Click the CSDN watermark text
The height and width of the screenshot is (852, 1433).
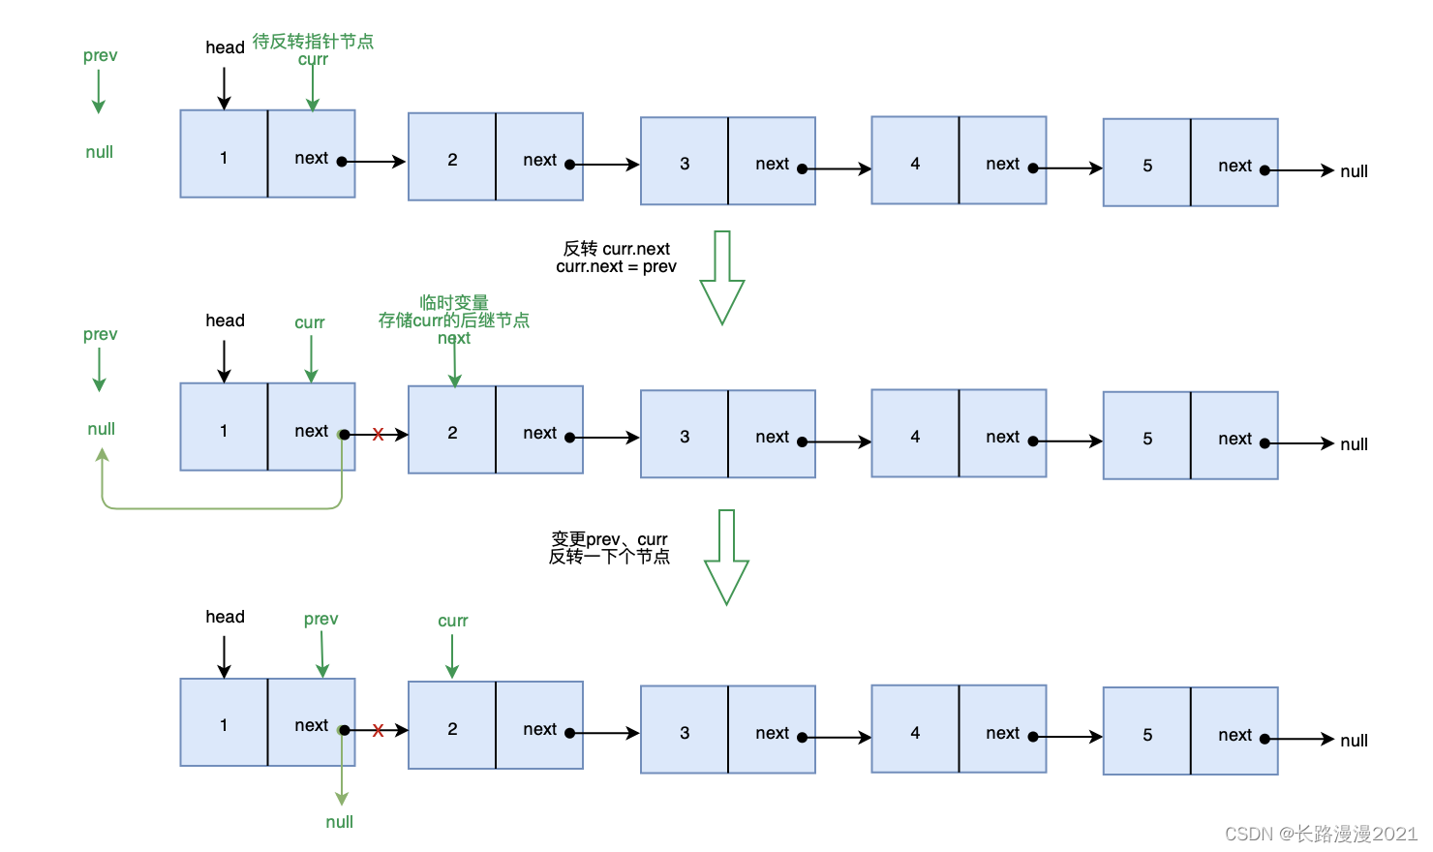(1321, 834)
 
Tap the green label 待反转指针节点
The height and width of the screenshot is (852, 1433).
(313, 42)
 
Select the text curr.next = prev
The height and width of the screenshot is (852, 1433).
(616, 267)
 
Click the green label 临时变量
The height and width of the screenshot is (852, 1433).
(454, 303)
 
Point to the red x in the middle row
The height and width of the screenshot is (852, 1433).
(378, 435)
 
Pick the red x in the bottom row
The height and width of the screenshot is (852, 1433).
(378, 730)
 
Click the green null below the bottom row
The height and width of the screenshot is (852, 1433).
(339, 822)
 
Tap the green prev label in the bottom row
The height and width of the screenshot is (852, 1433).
(320, 620)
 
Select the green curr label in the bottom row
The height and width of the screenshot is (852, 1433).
(452, 622)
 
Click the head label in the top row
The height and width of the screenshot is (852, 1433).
(225, 47)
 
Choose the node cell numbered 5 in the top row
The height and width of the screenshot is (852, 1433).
(1147, 164)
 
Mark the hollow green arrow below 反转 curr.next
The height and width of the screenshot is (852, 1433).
(722, 278)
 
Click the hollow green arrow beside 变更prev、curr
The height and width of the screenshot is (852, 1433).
(726, 557)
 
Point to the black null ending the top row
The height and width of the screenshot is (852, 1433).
(1354, 172)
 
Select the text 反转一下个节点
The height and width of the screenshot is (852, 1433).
(609, 557)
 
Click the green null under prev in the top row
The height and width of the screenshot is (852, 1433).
(99, 152)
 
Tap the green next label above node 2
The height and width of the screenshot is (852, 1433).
(453, 339)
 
